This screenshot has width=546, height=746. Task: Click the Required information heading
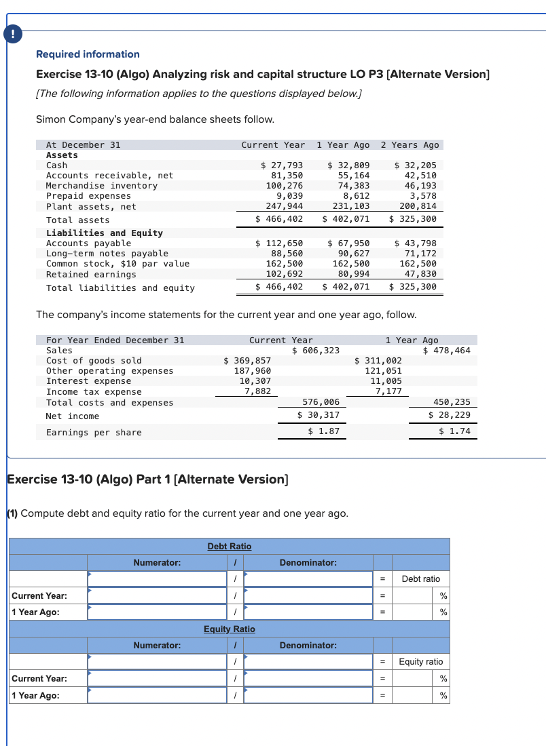coord(88,54)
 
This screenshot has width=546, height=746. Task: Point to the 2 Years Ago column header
coord(409,145)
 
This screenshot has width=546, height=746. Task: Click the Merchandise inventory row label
coord(101,186)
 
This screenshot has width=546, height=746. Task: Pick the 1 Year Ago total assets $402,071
coord(346,220)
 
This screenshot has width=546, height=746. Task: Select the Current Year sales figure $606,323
coord(316,350)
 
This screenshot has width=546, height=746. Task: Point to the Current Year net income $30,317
coord(318,415)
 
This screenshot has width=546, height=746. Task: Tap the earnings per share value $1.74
coord(454,431)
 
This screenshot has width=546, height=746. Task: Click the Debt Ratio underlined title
coord(229,546)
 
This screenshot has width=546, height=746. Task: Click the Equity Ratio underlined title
coord(229,629)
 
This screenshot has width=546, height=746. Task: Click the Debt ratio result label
coord(420,578)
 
